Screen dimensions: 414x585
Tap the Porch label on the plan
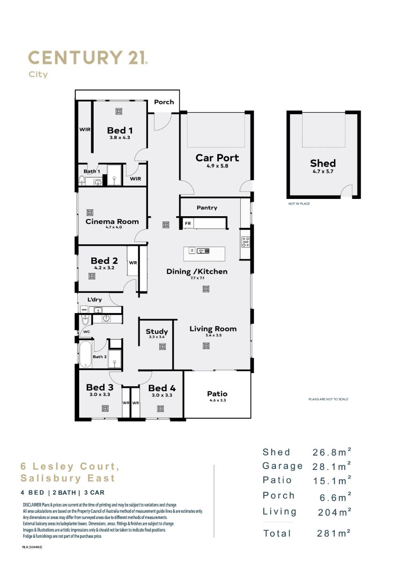point(164,102)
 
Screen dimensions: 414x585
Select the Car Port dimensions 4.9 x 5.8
point(217,166)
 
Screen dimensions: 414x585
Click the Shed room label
point(323,163)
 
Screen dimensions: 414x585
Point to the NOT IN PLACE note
point(299,204)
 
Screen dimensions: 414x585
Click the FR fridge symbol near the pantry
point(188,223)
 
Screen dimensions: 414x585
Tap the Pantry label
point(207,208)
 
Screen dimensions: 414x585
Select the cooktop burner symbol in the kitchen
point(245,241)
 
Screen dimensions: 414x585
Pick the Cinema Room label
point(112,221)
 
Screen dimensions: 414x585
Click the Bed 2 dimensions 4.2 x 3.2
point(104,268)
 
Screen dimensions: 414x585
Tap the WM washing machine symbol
point(84,310)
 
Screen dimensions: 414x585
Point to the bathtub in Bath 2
point(85,354)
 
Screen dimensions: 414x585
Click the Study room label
point(156,331)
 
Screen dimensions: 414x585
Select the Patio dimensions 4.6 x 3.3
point(217,400)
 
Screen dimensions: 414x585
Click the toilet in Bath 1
point(82,180)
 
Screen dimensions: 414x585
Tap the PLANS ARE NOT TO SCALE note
point(328,399)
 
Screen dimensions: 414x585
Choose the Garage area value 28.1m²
point(332,466)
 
